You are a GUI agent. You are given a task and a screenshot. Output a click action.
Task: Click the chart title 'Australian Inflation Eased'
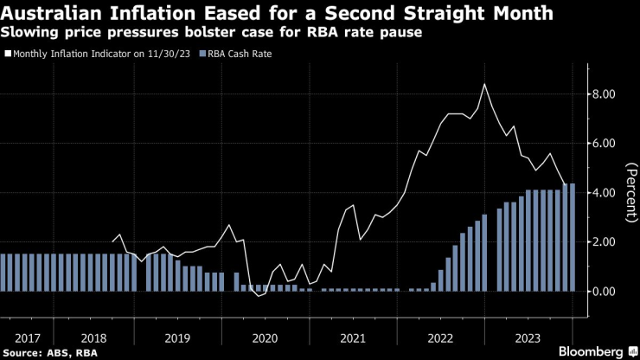click(x=278, y=14)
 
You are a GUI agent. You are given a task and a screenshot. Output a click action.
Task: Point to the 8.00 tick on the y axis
click(x=602, y=93)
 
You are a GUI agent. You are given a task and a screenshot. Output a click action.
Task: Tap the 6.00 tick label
click(x=602, y=143)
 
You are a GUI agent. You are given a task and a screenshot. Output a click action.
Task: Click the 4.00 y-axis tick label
click(x=602, y=192)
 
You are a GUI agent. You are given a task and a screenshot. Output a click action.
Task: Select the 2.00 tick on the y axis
click(x=602, y=241)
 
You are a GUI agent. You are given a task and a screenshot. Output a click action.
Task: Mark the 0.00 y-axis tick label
click(x=602, y=292)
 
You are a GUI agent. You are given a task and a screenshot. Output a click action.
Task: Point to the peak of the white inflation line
click(x=484, y=84)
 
